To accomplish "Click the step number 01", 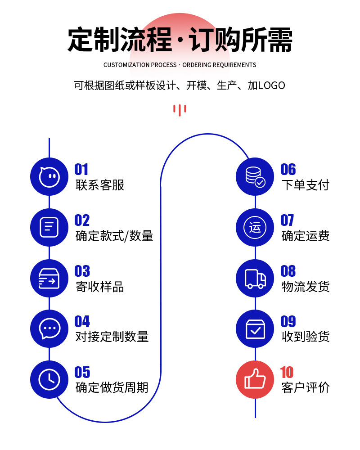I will tap(81, 170).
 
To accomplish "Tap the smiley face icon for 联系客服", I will tap(49, 177).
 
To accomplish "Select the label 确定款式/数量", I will tap(114, 236).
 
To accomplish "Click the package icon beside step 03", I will tap(49, 278).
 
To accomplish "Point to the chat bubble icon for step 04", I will tap(49, 329).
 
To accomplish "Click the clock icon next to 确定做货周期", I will tap(49, 380).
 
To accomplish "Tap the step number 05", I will tap(82, 373).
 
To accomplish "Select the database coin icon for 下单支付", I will tap(255, 177).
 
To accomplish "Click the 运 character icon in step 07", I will tap(255, 228).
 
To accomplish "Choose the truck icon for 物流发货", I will tap(255, 278).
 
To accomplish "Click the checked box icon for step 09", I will tap(255, 329).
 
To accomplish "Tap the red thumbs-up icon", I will tap(255, 380).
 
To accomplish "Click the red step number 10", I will tap(287, 373).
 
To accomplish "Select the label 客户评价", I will tap(306, 387).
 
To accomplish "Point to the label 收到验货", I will tap(306, 337).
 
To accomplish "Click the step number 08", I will tap(288, 271).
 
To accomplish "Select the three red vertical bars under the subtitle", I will tap(180, 110).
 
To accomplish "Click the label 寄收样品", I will tap(100, 287).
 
